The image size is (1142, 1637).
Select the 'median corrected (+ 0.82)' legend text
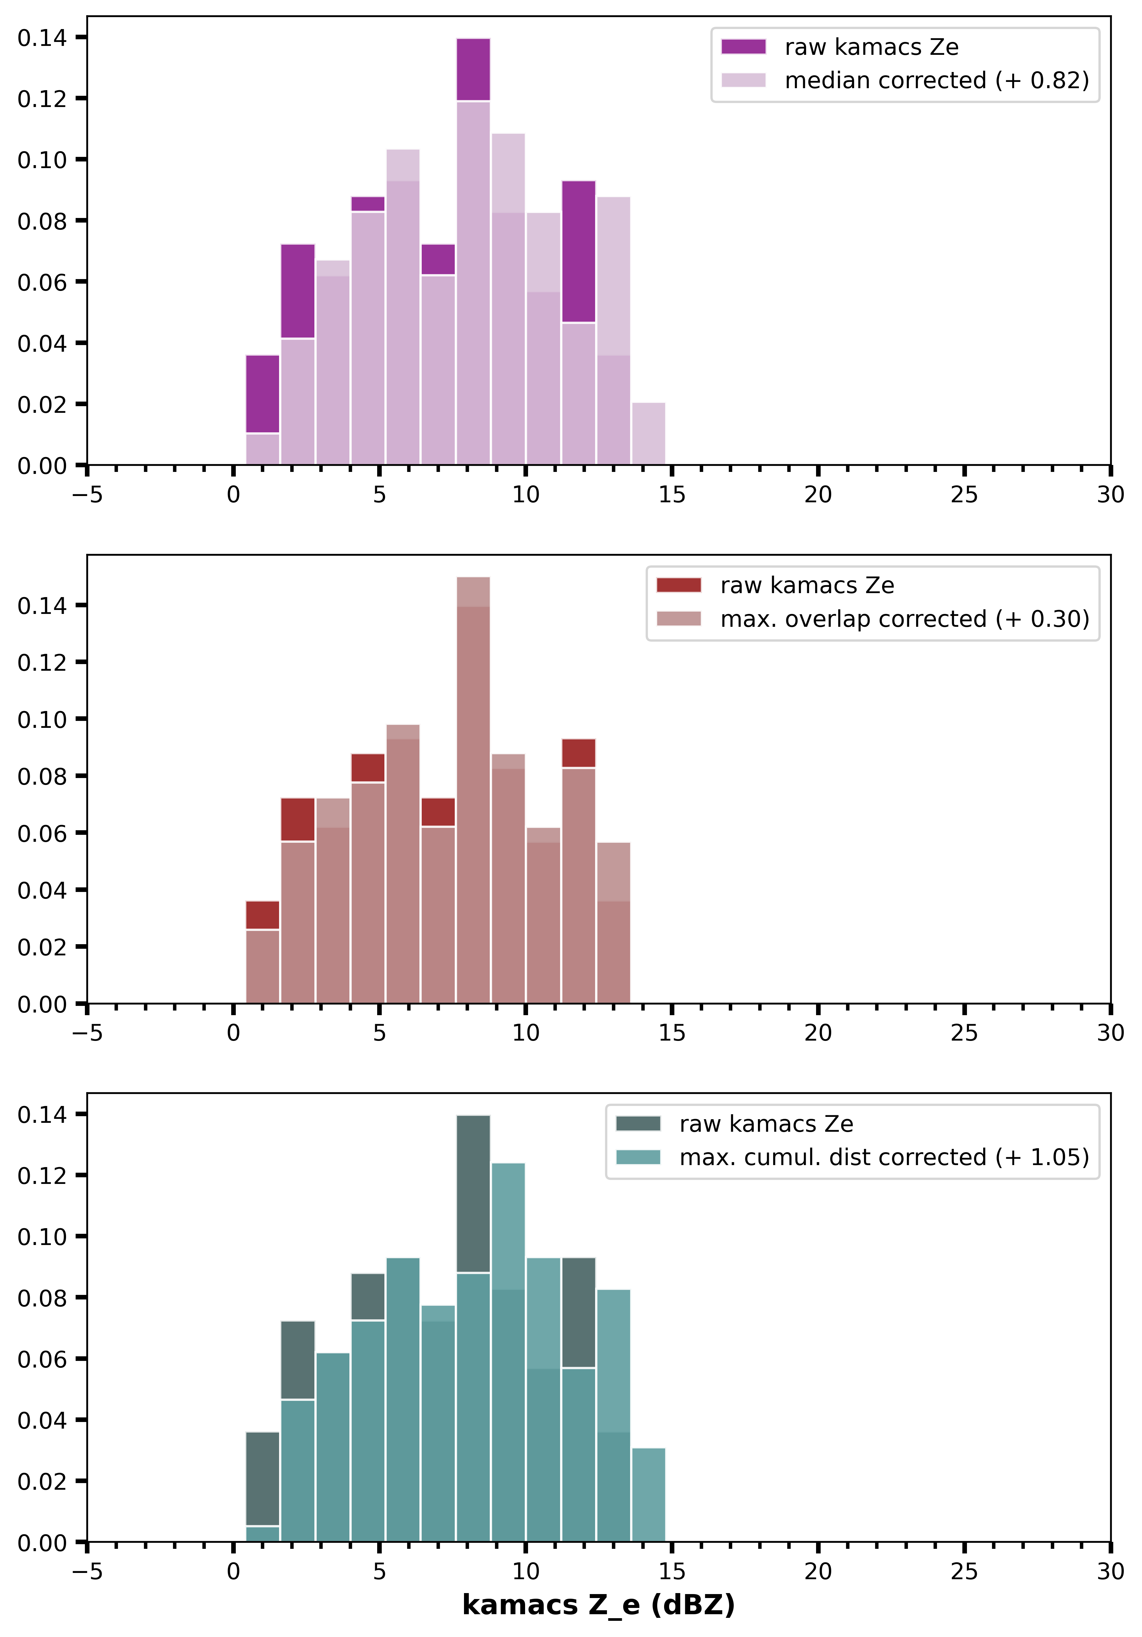click(x=937, y=81)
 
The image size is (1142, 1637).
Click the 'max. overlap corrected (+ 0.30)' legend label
click(x=905, y=619)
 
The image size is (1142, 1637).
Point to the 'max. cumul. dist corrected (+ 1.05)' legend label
click(x=884, y=1157)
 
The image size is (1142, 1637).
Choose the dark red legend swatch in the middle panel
click(x=679, y=586)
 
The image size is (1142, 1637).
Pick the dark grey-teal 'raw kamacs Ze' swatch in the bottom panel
click(x=638, y=1124)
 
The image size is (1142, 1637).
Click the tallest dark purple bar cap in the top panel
click(x=473, y=69)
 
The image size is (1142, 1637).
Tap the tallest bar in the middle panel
click(x=473, y=784)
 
